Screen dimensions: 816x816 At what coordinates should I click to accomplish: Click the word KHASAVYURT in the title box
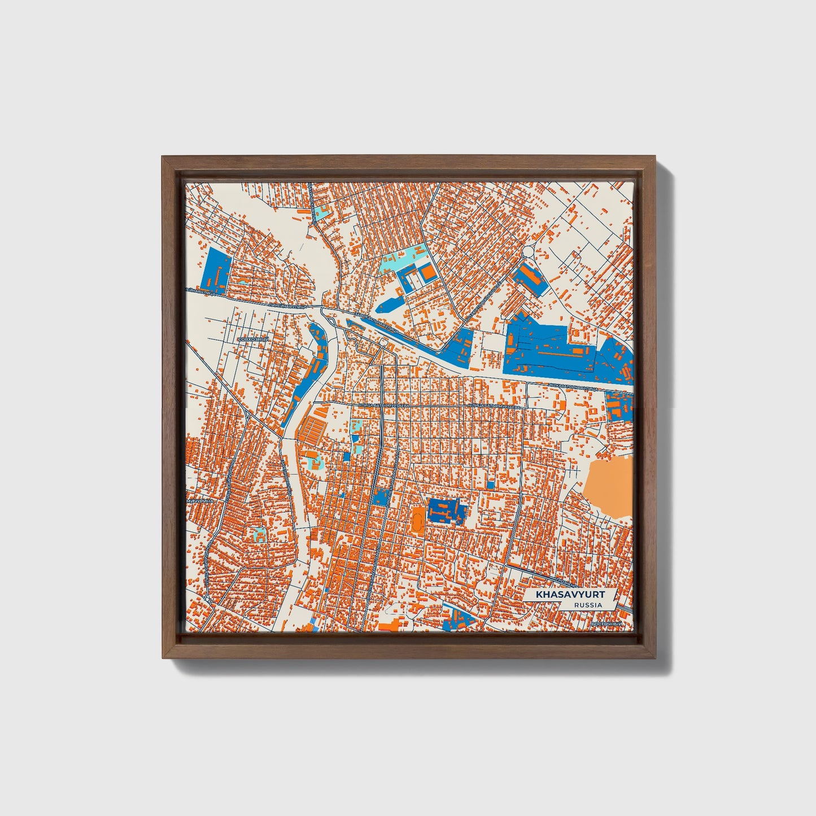(570, 595)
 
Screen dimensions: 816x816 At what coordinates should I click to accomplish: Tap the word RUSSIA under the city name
(588, 605)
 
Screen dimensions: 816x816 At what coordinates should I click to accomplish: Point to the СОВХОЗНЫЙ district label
(255, 339)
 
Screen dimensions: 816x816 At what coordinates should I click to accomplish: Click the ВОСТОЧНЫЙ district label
(606, 624)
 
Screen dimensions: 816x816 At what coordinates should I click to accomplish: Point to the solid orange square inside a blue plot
(429, 273)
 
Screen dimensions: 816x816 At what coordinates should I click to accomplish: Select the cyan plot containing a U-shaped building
(259, 534)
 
